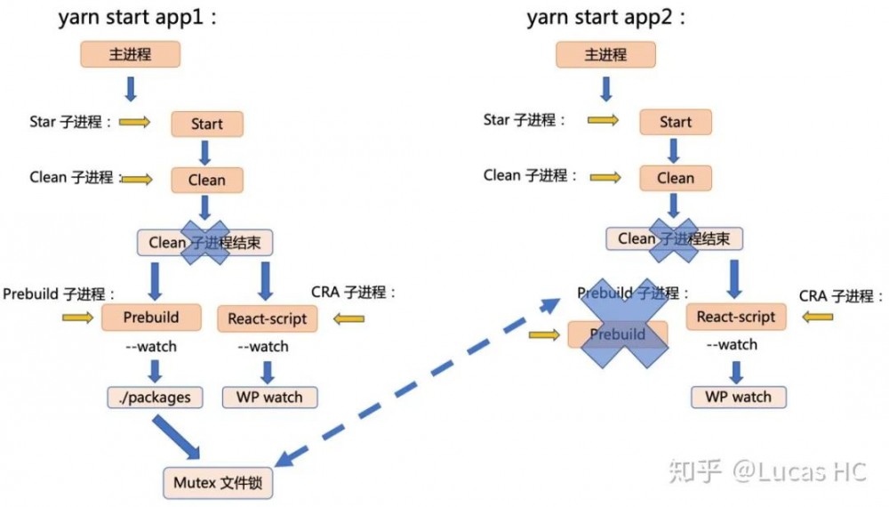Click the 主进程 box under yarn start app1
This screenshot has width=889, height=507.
pyautogui.click(x=131, y=54)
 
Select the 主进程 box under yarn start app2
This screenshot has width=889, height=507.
pyautogui.click(x=605, y=54)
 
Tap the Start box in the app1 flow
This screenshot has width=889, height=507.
pyautogui.click(x=206, y=125)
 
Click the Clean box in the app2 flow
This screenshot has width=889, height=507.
pyautogui.click(x=675, y=178)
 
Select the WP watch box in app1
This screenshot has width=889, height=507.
pyautogui.click(x=268, y=397)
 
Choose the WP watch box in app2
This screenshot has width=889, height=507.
pyautogui.click(x=738, y=397)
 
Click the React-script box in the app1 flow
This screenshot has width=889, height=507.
pyautogui.click(x=267, y=318)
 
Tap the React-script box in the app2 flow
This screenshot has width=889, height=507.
pyautogui.click(x=735, y=316)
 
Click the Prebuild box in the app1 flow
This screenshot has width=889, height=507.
pyautogui.click(x=151, y=318)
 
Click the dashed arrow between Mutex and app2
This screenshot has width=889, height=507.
pyautogui.click(x=418, y=381)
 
